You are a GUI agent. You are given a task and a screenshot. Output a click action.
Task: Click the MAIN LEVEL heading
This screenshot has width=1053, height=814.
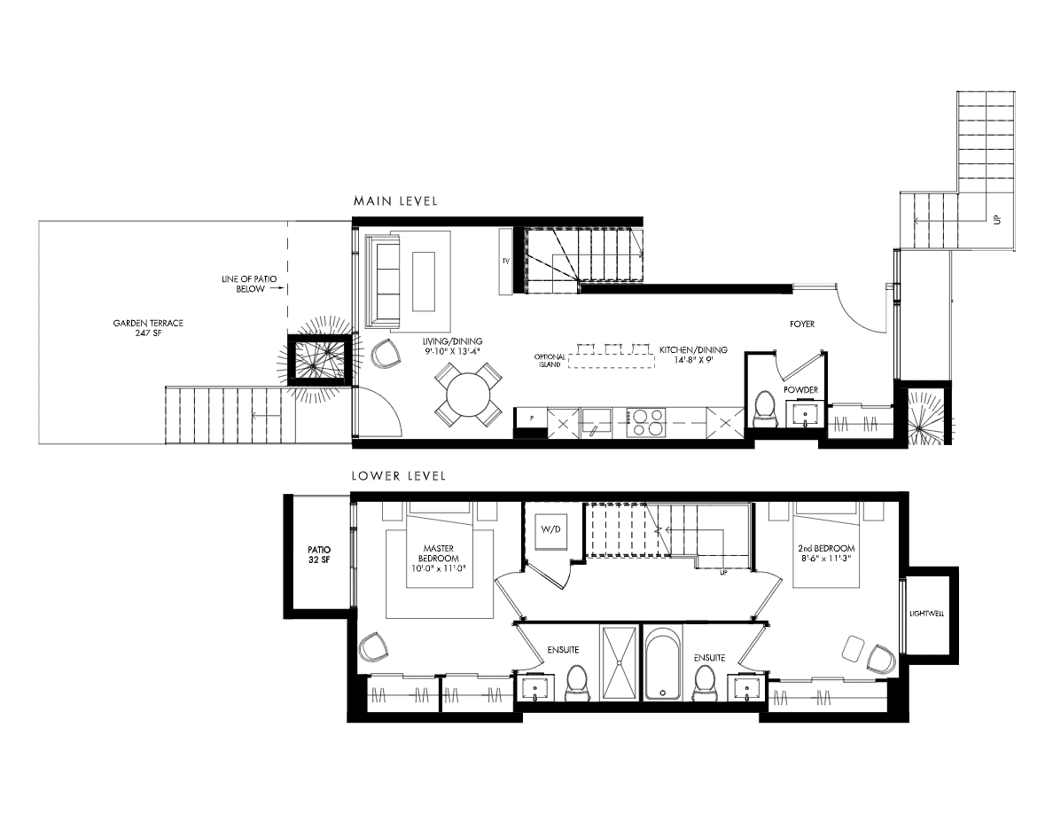pyautogui.click(x=395, y=200)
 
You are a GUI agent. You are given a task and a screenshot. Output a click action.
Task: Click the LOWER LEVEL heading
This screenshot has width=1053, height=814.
pyautogui.click(x=399, y=476)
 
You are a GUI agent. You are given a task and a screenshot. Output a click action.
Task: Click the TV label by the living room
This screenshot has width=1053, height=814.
pyautogui.click(x=505, y=261)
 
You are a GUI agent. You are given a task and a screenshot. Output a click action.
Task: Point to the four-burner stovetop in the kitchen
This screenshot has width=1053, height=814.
pyautogui.click(x=644, y=422)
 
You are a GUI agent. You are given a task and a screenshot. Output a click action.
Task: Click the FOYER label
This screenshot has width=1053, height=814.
pyautogui.click(x=802, y=324)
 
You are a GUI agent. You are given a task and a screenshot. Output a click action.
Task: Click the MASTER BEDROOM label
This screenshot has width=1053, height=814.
pyautogui.click(x=439, y=553)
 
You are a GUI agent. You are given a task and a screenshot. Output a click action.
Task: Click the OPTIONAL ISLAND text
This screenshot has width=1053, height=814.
pyautogui.click(x=550, y=360)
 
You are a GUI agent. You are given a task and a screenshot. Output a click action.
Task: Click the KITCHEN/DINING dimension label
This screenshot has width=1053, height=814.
pyautogui.click(x=693, y=354)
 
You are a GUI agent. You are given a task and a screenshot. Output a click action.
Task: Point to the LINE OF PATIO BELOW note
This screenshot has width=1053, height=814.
pyautogui.click(x=249, y=284)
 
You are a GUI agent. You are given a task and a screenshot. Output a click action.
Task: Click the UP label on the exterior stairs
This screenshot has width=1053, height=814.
pyautogui.click(x=996, y=219)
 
